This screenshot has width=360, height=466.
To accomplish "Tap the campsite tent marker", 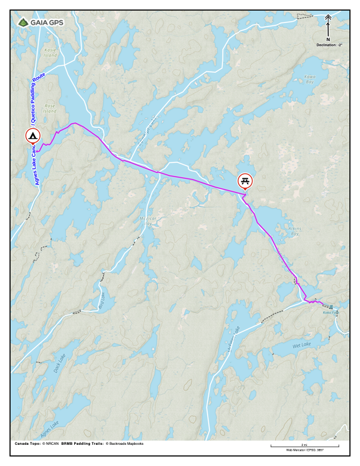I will coord(33,137).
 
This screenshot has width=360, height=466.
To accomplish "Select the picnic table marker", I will coord(245,180).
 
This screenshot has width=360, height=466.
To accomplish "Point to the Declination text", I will coord(328,45).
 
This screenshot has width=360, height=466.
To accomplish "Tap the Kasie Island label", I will coord(50,52).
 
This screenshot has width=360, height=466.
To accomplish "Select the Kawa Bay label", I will coord(310,79).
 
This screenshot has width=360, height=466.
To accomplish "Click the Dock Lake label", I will coord(59,360).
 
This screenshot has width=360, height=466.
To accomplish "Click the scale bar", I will coord(304,447).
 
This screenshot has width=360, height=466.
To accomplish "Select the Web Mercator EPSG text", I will coord(304,450).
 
